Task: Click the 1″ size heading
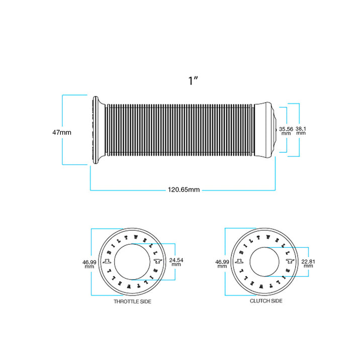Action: point(193,80)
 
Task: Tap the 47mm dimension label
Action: point(62,133)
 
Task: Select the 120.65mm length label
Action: point(184,190)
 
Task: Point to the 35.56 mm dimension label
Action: point(286,131)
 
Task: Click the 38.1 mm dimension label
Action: point(301,131)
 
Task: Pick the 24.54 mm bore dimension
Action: point(176,262)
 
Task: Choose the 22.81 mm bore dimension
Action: point(308,263)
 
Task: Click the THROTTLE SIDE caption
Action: point(133,302)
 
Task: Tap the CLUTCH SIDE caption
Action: point(266,301)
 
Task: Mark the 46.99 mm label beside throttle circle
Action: point(89,264)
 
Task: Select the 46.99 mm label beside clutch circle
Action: point(222,264)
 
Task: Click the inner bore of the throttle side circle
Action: point(132,262)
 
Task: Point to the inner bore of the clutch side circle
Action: point(264,262)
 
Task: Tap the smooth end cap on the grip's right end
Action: point(265,130)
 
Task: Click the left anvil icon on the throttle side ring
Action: point(107,261)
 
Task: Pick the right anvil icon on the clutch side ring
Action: point(291,261)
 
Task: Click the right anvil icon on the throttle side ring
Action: point(158,261)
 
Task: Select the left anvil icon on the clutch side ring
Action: point(239,261)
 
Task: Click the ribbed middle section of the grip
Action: point(179,130)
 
